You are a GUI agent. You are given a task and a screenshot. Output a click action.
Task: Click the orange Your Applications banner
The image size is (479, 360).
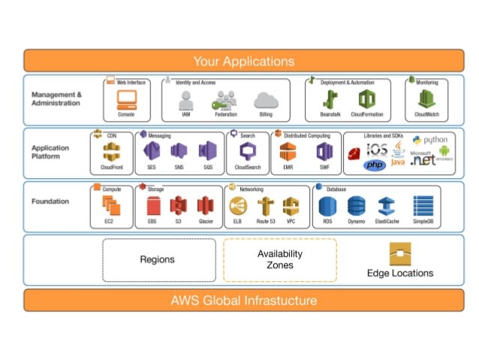(x=243, y=61)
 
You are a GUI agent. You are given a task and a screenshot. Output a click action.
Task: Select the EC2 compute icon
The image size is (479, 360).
(x=112, y=205)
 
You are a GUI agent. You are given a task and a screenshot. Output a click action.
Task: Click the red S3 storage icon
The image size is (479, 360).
(x=178, y=205)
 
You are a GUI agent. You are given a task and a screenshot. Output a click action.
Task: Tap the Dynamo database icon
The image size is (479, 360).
(x=356, y=205)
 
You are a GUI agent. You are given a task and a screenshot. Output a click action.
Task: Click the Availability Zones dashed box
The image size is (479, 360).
(x=279, y=260)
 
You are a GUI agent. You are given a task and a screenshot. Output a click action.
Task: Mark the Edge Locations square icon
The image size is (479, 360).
(x=399, y=254)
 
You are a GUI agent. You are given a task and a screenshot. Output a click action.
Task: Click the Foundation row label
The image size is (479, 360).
(x=50, y=201)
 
